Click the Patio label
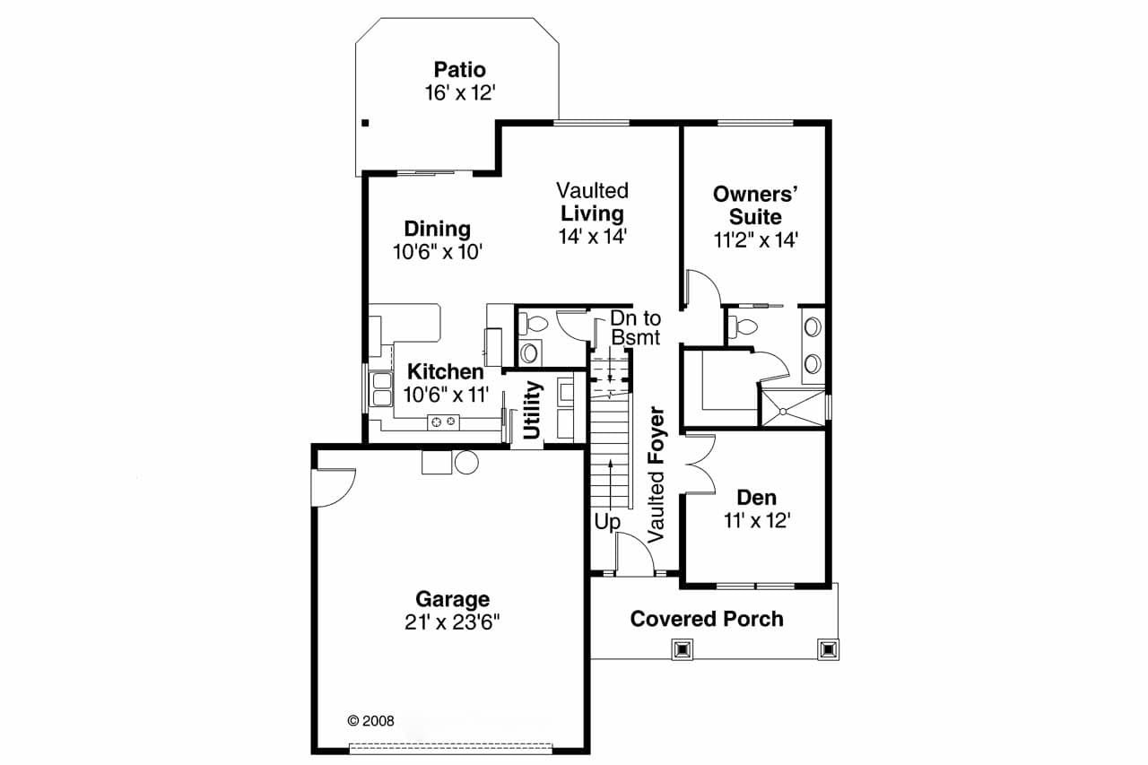click(x=459, y=69)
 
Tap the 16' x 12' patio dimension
click(x=459, y=92)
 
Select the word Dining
click(x=437, y=229)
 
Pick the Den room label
click(x=756, y=498)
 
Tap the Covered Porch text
click(x=706, y=619)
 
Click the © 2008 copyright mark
click(x=370, y=719)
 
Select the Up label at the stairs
click(x=606, y=522)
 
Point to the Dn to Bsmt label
click(x=634, y=327)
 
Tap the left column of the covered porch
click(x=683, y=648)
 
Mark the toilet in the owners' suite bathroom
click(x=742, y=326)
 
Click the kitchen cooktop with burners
click(x=442, y=421)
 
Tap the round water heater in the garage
click(x=466, y=461)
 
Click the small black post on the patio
click(x=365, y=124)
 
